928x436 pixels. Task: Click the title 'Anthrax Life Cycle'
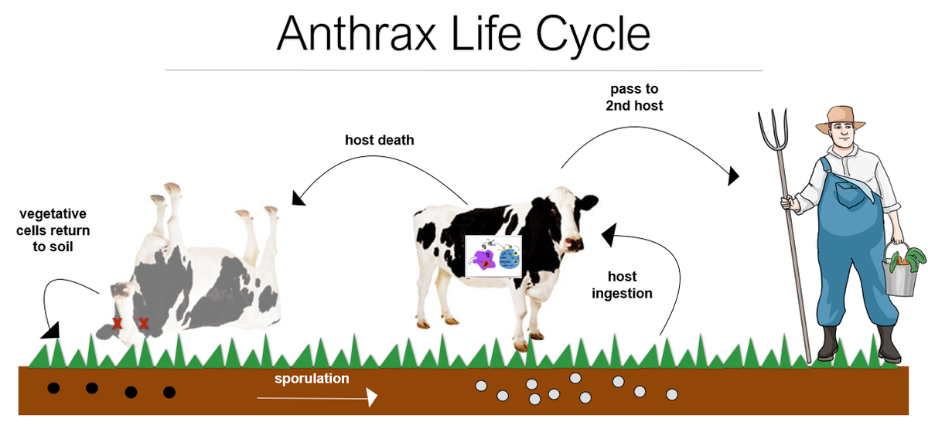pyautogui.click(x=463, y=33)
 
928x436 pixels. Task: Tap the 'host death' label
pyautogui.click(x=379, y=140)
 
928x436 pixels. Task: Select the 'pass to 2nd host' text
pyautogui.click(x=634, y=97)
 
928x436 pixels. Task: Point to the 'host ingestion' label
pyautogui.click(x=622, y=284)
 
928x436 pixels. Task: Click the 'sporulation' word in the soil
pyautogui.click(x=312, y=379)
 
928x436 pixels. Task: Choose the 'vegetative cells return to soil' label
pyautogui.click(x=53, y=230)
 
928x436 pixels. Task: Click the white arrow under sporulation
pyautogui.click(x=317, y=398)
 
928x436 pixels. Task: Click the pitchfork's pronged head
pyautogui.click(x=773, y=131)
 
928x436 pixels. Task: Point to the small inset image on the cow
pyautogui.click(x=493, y=256)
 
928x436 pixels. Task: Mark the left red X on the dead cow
pyautogui.click(x=117, y=323)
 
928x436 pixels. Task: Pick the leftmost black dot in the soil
pyautogui.click(x=53, y=387)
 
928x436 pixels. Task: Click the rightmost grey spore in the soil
pyautogui.click(x=671, y=394)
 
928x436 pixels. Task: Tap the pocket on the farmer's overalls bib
pyautogui.click(x=852, y=190)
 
